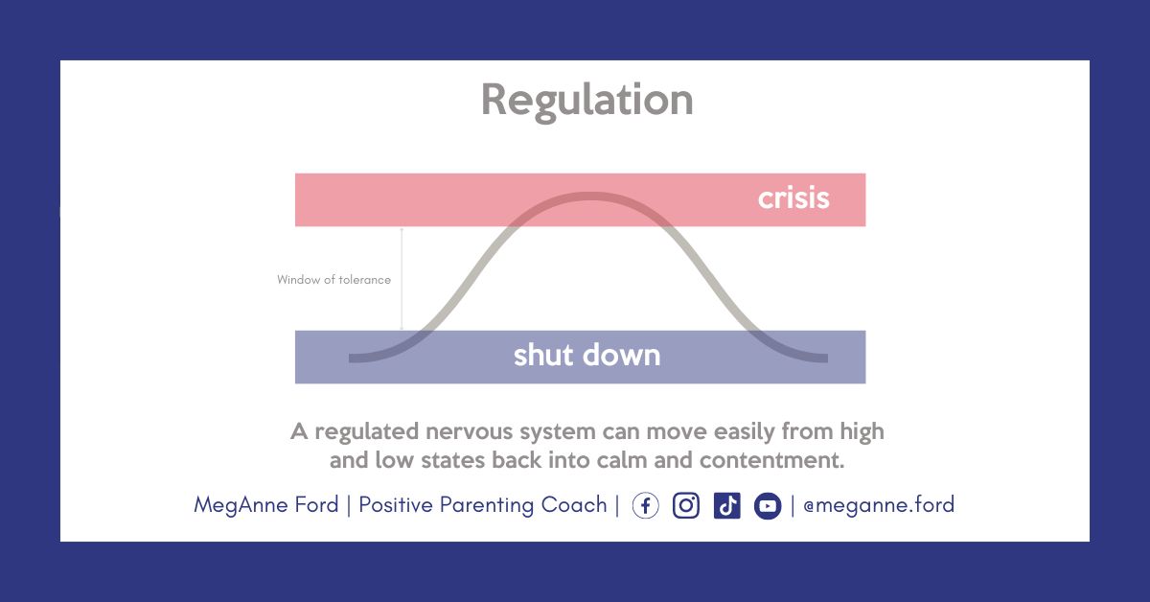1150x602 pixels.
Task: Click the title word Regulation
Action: (587, 102)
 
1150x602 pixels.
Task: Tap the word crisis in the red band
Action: (793, 198)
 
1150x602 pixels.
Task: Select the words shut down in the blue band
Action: (586, 355)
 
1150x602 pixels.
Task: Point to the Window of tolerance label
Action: (333, 280)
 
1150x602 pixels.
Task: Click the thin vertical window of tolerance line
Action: (402, 279)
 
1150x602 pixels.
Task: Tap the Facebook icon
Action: (645, 505)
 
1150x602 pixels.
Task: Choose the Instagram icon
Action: (686, 505)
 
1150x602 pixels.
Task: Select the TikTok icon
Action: (727, 505)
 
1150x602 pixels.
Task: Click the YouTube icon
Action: (768, 505)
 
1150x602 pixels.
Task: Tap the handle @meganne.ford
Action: (879, 505)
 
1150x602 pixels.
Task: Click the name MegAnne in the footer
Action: (241, 505)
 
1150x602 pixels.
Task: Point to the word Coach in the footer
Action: (574, 505)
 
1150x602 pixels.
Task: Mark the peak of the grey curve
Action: (588, 196)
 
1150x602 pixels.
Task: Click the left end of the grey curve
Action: (351, 358)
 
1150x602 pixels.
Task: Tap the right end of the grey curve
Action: (826, 358)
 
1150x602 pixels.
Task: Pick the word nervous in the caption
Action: (469, 432)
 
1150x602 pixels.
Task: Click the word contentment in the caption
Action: (771, 460)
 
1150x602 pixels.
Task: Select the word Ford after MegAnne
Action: (316, 505)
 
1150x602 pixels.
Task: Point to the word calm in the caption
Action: (621, 460)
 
